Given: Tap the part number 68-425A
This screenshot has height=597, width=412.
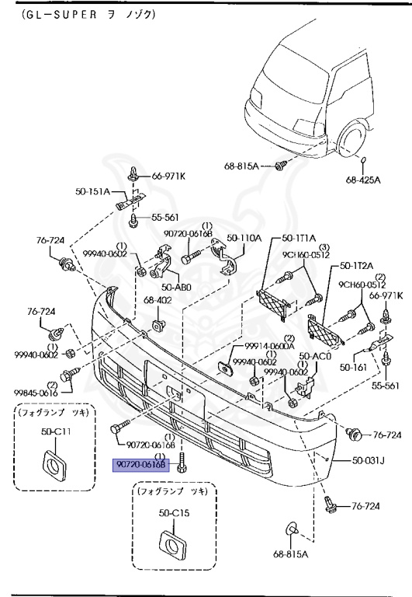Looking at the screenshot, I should (x=363, y=180).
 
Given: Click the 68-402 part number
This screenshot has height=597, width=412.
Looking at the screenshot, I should (x=158, y=299).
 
